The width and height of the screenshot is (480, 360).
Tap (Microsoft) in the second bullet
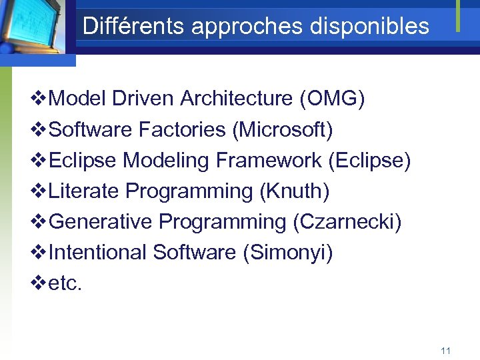pyautogui.click(x=282, y=130)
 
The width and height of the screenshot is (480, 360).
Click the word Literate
pyautogui.click(x=84, y=191)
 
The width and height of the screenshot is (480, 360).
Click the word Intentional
pyautogui.click(x=98, y=253)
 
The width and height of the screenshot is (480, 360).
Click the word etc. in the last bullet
pyautogui.click(x=65, y=283)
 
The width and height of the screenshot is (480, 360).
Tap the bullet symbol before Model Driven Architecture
pyautogui.click(x=39, y=99)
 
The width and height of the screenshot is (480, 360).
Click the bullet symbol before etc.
pyautogui.click(x=39, y=283)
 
